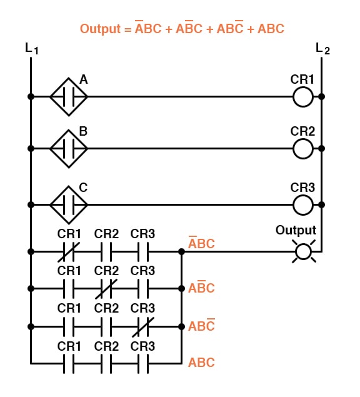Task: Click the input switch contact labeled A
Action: pyautogui.click(x=69, y=97)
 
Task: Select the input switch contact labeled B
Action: pyautogui.click(x=69, y=149)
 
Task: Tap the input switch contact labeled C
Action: pyautogui.click(x=69, y=204)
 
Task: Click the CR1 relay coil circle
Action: pyautogui.click(x=303, y=97)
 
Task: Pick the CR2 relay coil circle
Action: pyautogui.click(x=303, y=149)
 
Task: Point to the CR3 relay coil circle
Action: pyautogui.click(x=303, y=204)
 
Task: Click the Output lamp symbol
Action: pyautogui.click(x=303, y=252)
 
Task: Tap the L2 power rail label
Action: pyautogui.click(x=322, y=49)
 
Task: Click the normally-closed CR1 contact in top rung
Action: pyautogui.click(x=69, y=252)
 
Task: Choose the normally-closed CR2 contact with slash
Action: pyautogui.click(x=106, y=289)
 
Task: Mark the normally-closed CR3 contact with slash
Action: pyautogui.click(x=142, y=326)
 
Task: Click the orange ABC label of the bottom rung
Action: pyautogui.click(x=201, y=363)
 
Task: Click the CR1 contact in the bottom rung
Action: pyautogui.click(x=69, y=363)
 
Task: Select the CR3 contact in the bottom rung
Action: pyautogui.click(x=142, y=363)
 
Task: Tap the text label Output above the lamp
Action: pyautogui.click(x=296, y=230)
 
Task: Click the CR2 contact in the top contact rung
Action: pyautogui.click(x=106, y=252)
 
